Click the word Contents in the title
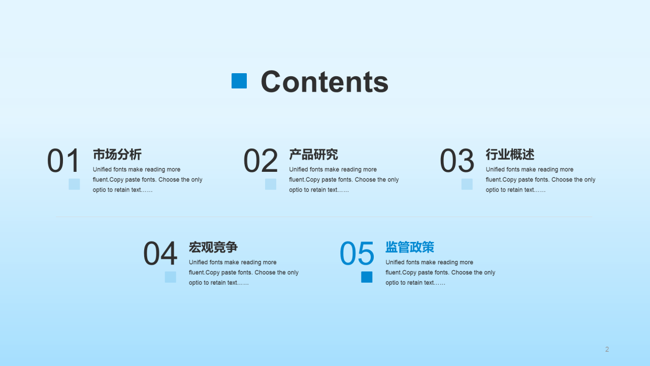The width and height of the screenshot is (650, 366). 324,81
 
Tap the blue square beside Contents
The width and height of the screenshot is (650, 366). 239,81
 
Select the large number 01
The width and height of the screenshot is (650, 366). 64,161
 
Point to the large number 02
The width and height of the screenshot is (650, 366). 261,161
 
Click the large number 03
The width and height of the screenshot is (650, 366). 457,161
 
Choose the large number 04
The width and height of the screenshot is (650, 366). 160,254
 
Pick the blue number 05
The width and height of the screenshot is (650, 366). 357,254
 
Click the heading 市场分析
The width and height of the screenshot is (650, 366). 117,155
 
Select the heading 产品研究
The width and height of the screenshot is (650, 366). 314,155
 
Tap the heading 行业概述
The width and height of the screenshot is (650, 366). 510,155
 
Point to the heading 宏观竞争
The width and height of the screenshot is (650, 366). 213,248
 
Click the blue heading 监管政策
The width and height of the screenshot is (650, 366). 410,248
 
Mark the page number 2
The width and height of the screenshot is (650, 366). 607,349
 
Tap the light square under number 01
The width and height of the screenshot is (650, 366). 74,184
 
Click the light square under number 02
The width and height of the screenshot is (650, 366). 271,184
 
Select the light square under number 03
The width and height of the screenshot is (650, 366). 467,184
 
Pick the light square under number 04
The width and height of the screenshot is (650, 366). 171,277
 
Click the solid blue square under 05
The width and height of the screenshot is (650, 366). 367,277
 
